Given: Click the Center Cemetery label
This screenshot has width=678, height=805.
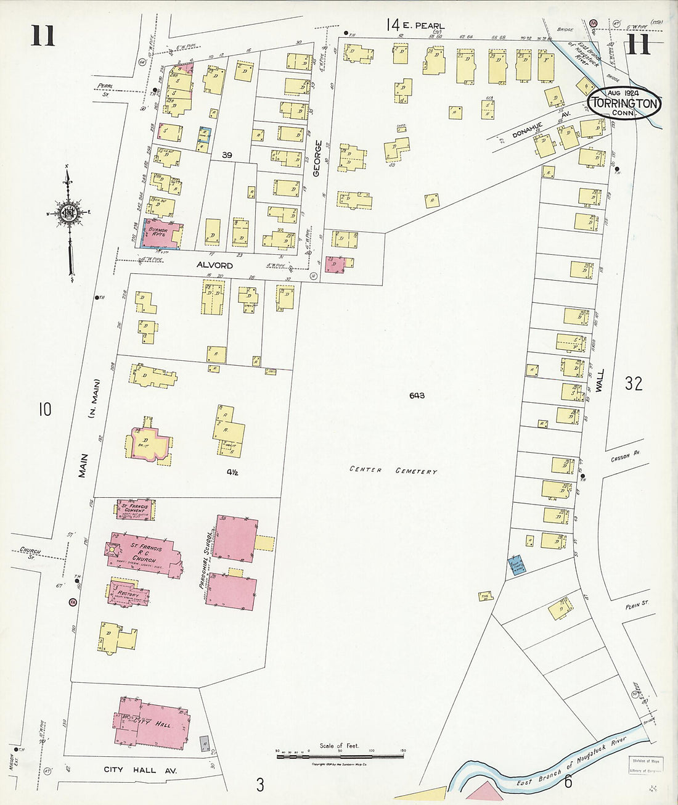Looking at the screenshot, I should point(393,471).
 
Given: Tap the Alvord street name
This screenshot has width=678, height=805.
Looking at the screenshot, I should point(214,265).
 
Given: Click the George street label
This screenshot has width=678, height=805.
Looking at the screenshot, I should point(317,159).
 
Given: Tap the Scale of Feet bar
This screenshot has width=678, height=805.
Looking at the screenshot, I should point(339,754).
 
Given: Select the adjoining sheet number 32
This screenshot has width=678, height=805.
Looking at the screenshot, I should point(633,384).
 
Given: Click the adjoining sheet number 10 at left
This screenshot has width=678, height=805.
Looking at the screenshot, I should point(44,409).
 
